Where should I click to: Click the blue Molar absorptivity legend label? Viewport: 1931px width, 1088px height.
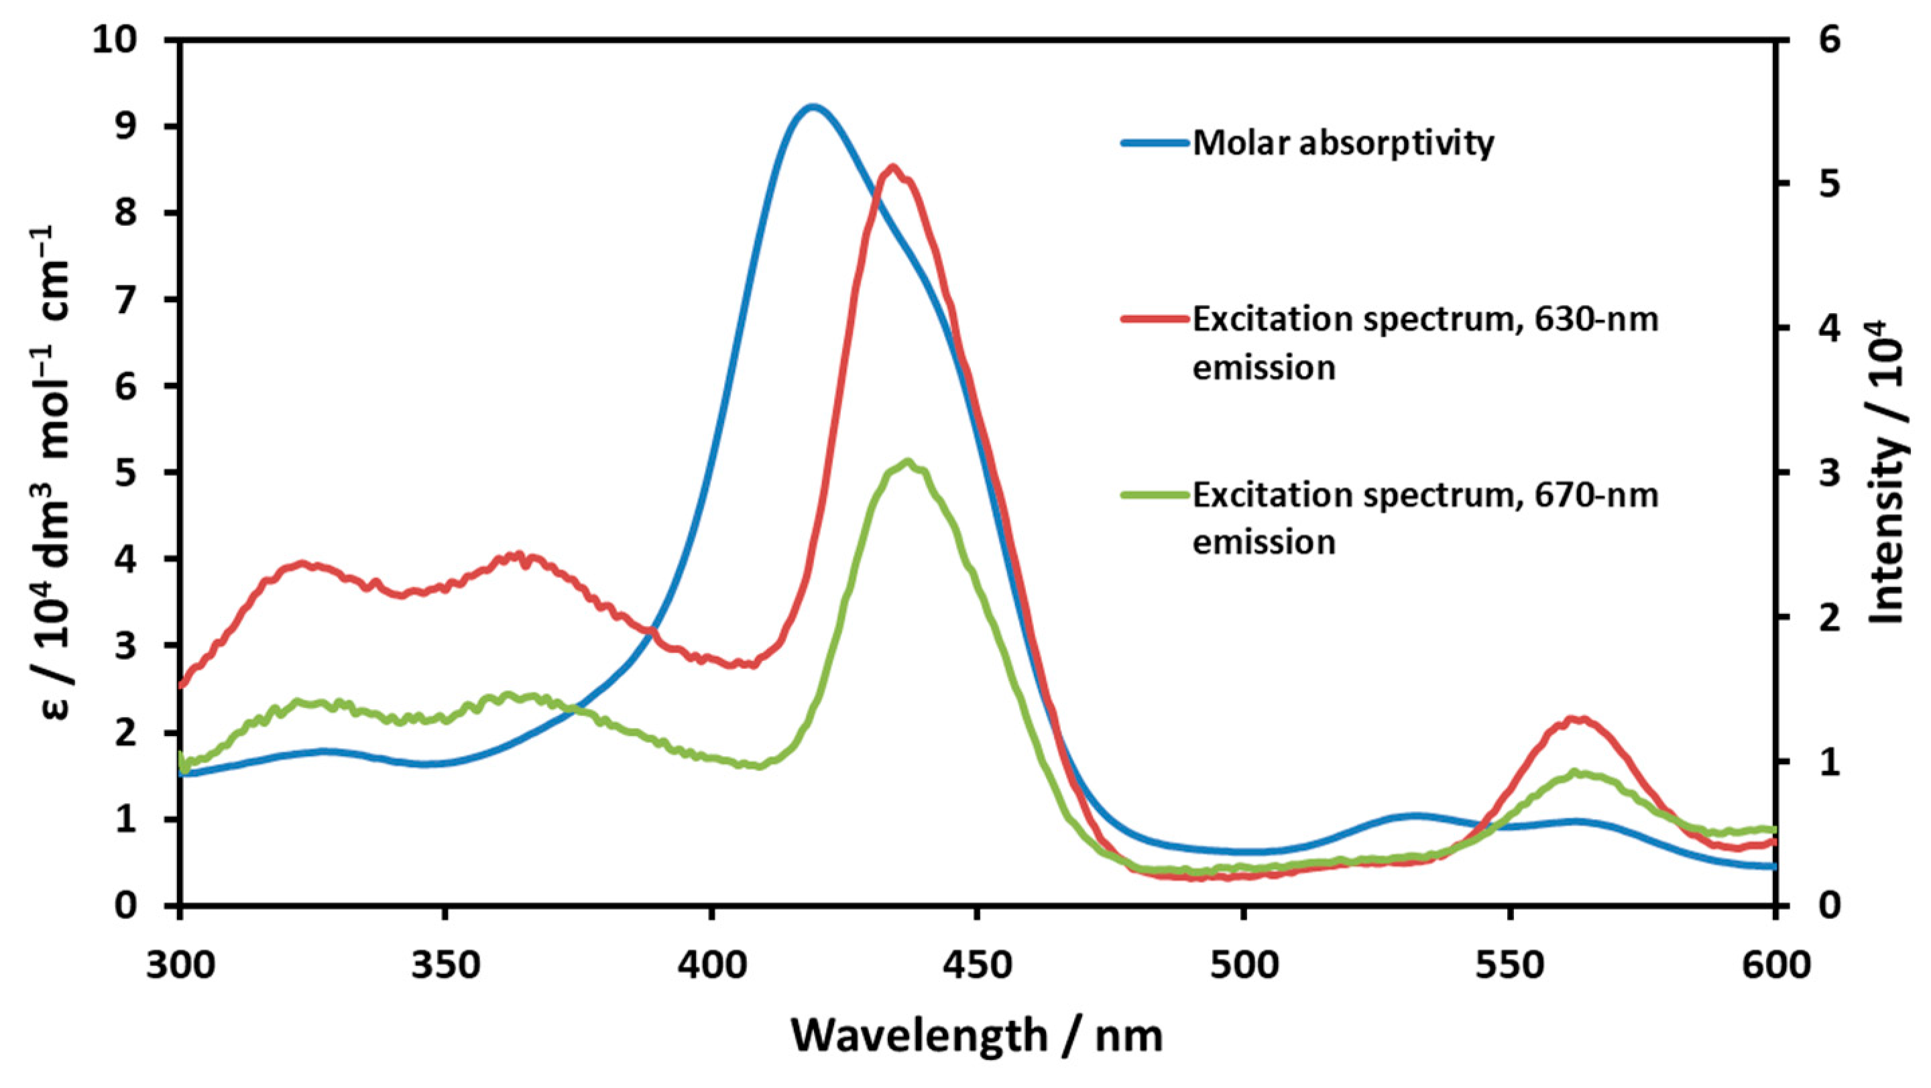1343,142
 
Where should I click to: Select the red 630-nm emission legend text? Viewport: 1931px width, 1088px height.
1424,343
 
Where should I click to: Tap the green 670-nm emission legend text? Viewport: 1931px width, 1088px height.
1424,518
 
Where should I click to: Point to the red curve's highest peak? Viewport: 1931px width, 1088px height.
892,167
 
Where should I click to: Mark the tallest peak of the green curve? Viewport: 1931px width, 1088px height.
908,462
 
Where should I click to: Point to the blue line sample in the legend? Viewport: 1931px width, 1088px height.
1155,142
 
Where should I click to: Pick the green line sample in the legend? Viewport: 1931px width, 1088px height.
1155,495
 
